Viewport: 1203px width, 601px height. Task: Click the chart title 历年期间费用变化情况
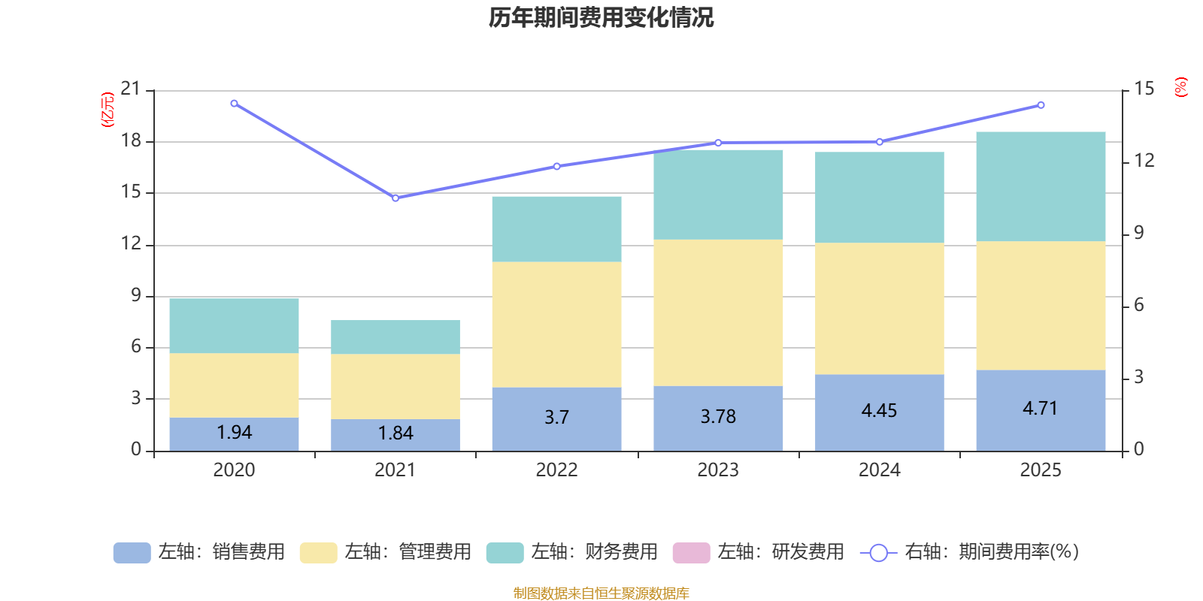pyautogui.click(x=601, y=17)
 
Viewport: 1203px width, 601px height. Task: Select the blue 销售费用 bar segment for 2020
pyautogui.click(x=234, y=433)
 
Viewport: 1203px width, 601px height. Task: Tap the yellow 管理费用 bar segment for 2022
pyautogui.click(x=556, y=325)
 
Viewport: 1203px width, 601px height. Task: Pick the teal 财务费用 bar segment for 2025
pyautogui.click(x=1041, y=186)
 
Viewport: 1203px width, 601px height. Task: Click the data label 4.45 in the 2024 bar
pyautogui.click(x=879, y=411)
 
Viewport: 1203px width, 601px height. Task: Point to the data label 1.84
pyautogui.click(x=395, y=433)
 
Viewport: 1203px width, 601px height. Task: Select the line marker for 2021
pyautogui.click(x=395, y=198)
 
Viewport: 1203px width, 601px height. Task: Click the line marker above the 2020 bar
pyautogui.click(x=234, y=104)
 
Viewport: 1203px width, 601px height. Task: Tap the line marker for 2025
pyautogui.click(x=1041, y=105)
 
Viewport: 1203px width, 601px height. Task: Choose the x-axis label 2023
pyautogui.click(x=718, y=470)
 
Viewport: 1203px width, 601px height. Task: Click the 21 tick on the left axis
pyautogui.click(x=131, y=89)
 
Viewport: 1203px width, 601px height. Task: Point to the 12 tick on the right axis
pyautogui.click(x=1144, y=161)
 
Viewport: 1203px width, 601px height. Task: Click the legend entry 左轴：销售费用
pyautogui.click(x=199, y=552)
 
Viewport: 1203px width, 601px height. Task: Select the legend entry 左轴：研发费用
pyautogui.click(x=759, y=552)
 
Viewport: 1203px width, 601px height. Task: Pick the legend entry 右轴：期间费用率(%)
pyautogui.click(x=970, y=552)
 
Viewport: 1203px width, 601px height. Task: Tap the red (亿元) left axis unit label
pyautogui.click(x=108, y=110)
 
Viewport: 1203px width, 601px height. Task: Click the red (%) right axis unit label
pyautogui.click(x=1181, y=87)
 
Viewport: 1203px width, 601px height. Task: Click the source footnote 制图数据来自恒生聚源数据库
pyautogui.click(x=601, y=593)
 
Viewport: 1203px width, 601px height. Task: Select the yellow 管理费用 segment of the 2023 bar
pyautogui.click(x=718, y=313)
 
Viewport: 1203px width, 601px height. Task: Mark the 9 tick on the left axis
pyautogui.click(x=136, y=296)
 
